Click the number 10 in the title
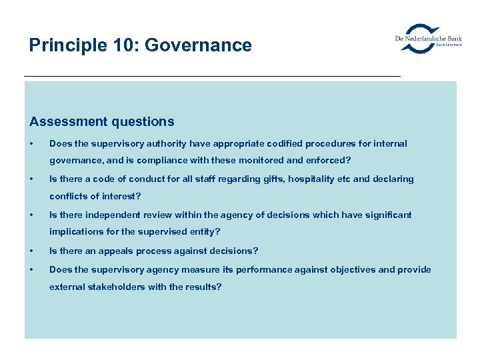click(x=125, y=45)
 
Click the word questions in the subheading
click(x=143, y=121)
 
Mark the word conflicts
click(x=69, y=197)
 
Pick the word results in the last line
click(x=204, y=287)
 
